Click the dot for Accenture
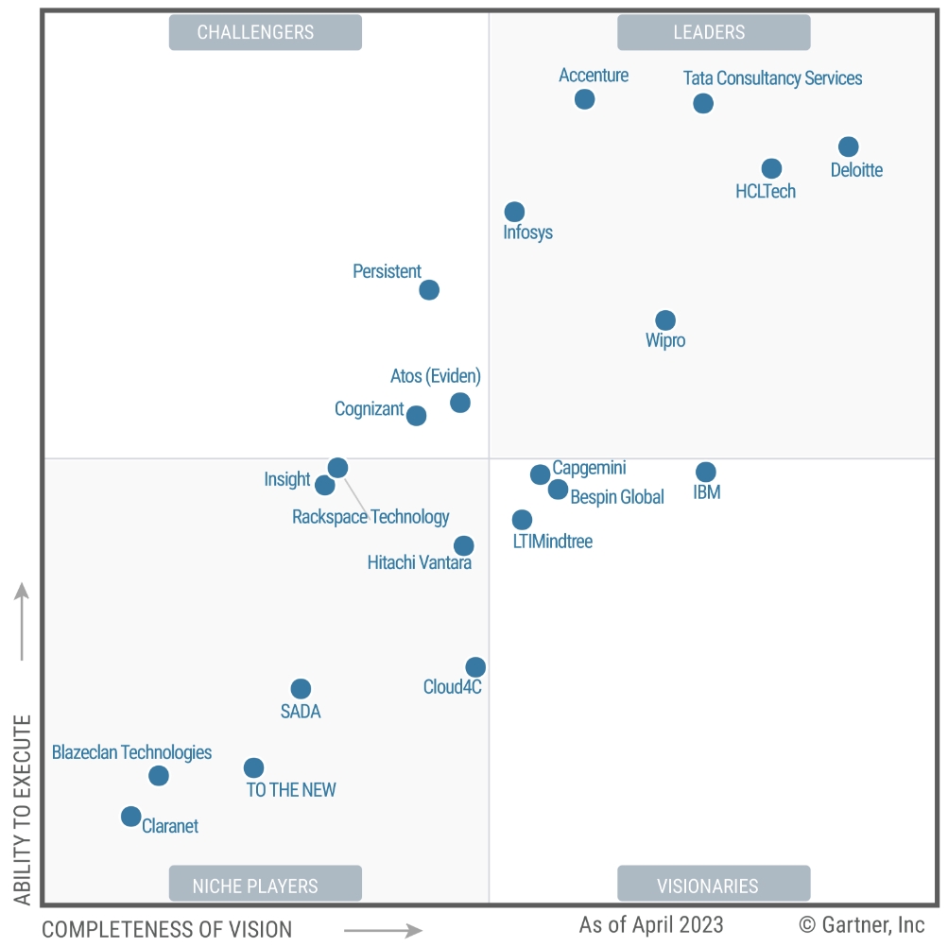tap(584, 99)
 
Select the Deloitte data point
tap(848, 146)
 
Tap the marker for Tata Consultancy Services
tap(702, 103)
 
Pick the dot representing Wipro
tap(665, 320)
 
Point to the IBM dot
tap(705, 472)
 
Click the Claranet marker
tap(131, 816)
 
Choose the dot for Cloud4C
tap(475, 667)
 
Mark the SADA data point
tap(301, 689)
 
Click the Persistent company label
tap(387, 271)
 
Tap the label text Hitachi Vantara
tap(419, 563)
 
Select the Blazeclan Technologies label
tap(131, 752)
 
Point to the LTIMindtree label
tap(552, 542)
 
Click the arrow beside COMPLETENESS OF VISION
tap(383, 930)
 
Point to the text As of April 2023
tap(651, 923)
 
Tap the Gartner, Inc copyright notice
tap(862, 923)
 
